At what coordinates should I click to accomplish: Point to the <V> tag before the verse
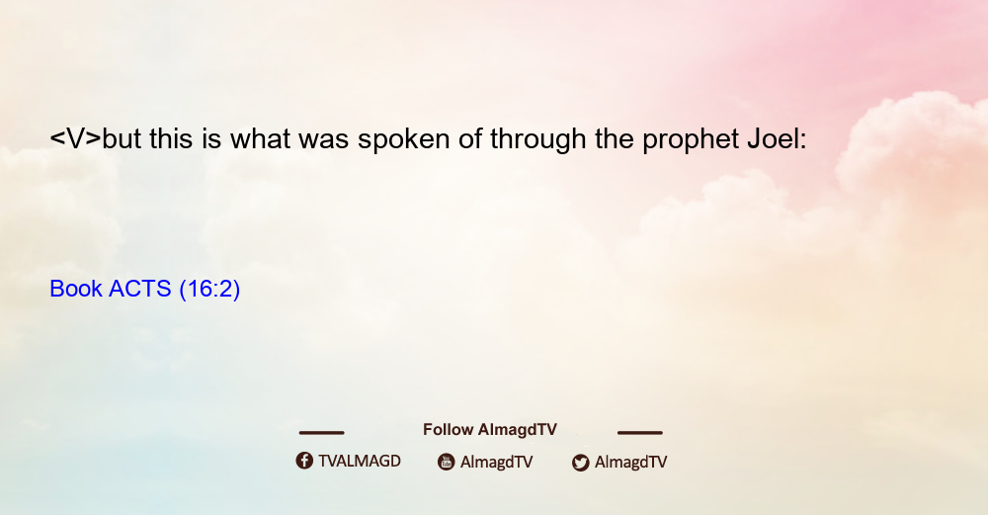click(x=76, y=138)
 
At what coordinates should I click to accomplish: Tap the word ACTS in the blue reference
click(x=140, y=289)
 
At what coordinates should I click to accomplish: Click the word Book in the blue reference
click(x=76, y=289)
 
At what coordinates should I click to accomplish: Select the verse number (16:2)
click(x=209, y=290)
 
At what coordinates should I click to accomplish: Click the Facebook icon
click(x=304, y=461)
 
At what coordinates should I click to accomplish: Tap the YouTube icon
click(x=447, y=462)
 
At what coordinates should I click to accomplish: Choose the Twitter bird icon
click(x=580, y=463)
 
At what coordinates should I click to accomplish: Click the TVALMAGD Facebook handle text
click(x=360, y=462)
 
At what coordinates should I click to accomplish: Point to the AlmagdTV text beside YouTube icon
click(x=497, y=462)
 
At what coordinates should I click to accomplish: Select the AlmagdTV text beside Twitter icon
click(x=630, y=462)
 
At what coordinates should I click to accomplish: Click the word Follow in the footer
click(x=448, y=430)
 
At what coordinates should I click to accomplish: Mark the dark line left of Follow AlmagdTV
click(x=321, y=433)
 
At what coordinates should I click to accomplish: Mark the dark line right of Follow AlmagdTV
click(x=640, y=433)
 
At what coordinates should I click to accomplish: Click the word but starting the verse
click(x=122, y=138)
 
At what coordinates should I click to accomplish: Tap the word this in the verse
click(x=171, y=138)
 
